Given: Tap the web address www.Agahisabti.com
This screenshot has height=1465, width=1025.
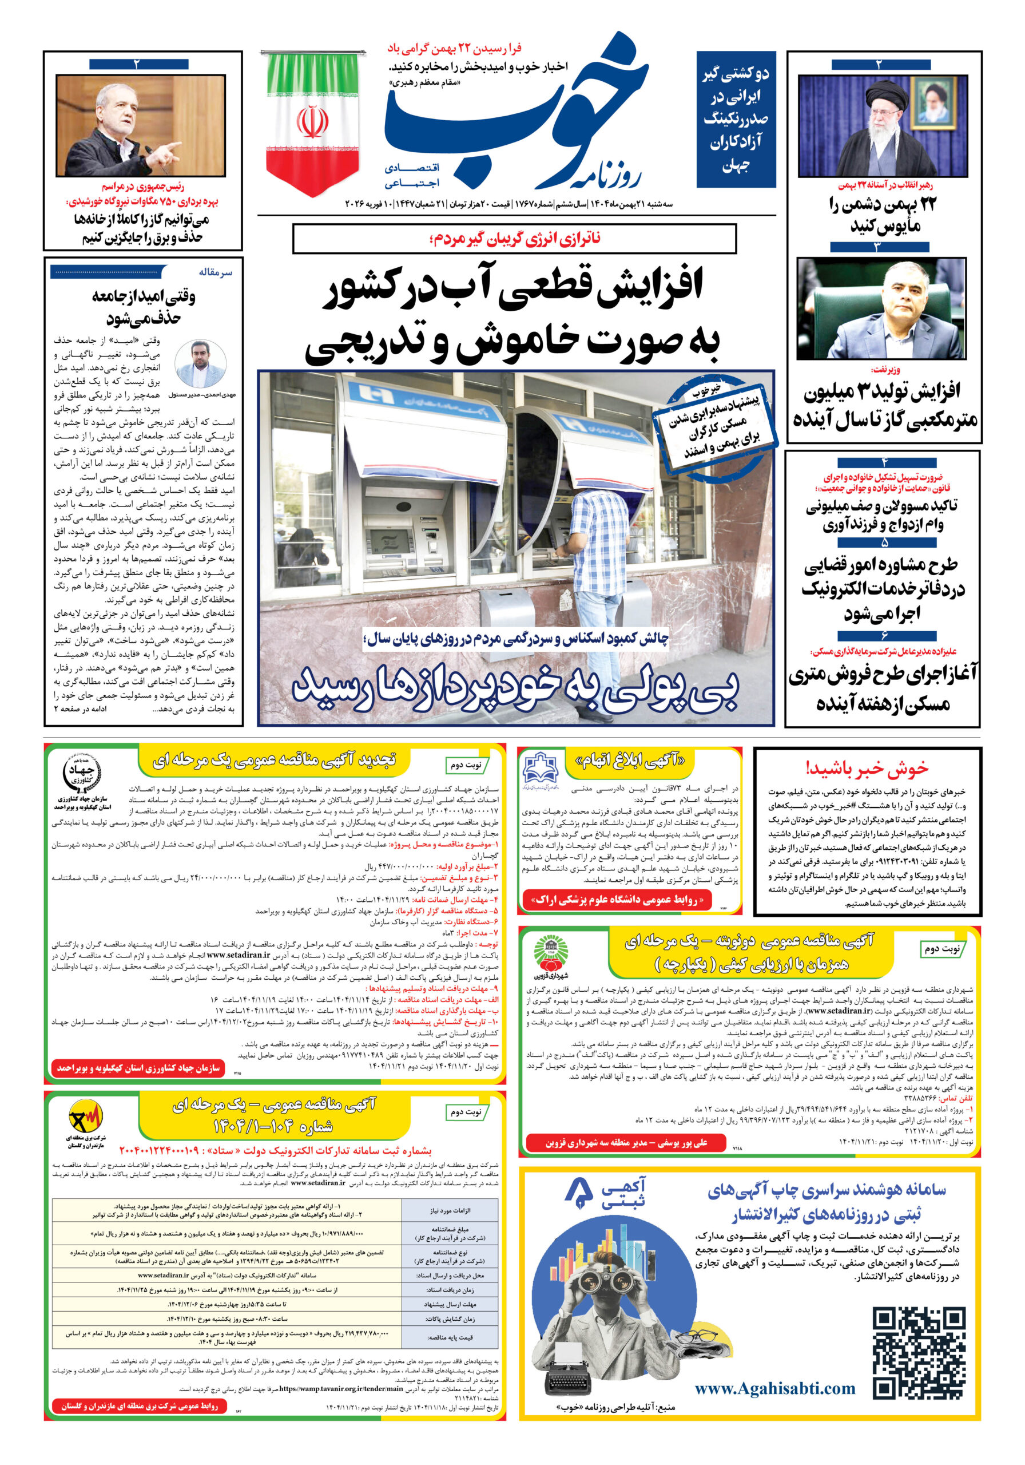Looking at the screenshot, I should point(774,1388).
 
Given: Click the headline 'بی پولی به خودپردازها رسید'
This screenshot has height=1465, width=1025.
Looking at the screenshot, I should point(515,688).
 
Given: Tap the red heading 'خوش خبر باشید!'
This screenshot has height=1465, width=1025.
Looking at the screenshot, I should point(866,767).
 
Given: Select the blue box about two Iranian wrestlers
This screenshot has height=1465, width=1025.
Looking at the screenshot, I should point(736,120).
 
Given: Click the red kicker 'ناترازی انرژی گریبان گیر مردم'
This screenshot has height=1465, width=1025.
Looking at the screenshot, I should point(515,239).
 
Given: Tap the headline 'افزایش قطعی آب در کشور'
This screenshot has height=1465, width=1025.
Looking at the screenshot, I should point(514,284).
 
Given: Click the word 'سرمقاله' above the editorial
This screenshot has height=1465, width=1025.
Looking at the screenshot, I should point(215,272).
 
